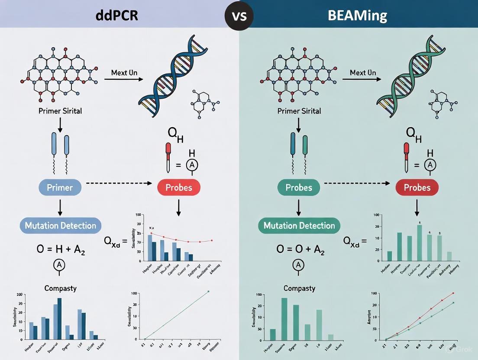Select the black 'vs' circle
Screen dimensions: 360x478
(239, 16)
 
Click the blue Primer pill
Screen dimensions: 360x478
(60, 187)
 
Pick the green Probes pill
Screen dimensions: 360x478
(299, 187)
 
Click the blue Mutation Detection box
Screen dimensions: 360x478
(61, 225)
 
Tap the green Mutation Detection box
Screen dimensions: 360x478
(299, 225)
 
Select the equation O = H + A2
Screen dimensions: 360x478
(60, 250)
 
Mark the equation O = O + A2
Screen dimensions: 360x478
(299, 250)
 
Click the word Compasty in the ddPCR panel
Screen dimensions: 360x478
(61, 288)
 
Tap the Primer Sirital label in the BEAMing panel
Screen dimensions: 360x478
(299, 111)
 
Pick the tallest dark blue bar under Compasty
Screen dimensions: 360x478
(59, 318)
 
